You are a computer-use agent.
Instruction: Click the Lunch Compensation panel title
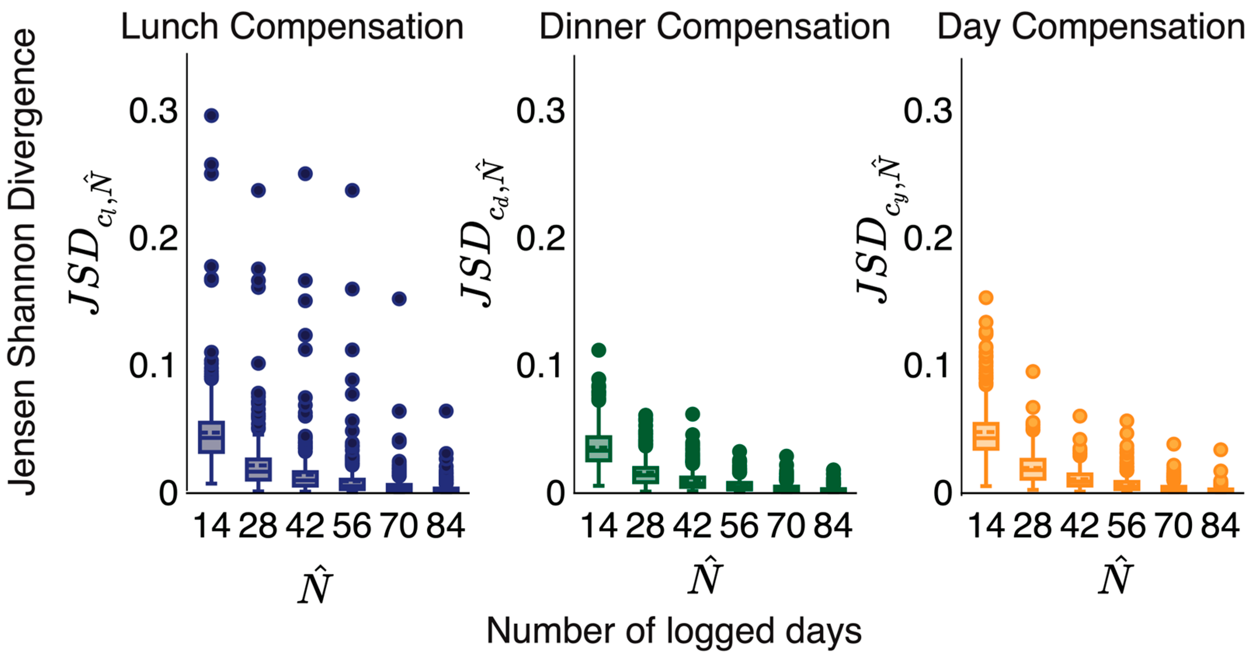(292, 27)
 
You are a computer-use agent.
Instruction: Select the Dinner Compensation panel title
(714, 27)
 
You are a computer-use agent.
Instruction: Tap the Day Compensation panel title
(1091, 27)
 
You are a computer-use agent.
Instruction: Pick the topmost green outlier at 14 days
(598, 349)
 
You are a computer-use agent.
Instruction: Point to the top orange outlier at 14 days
(985, 297)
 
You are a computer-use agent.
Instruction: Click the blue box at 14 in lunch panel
(211, 437)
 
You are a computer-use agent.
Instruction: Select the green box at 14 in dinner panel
(598, 448)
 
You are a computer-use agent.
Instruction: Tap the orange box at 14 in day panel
(985, 436)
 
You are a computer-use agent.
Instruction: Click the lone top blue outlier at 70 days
(399, 299)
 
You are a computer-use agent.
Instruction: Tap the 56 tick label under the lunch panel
(352, 526)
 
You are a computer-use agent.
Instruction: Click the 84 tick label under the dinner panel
(833, 526)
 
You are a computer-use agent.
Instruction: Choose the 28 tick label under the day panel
(1032, 526)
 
